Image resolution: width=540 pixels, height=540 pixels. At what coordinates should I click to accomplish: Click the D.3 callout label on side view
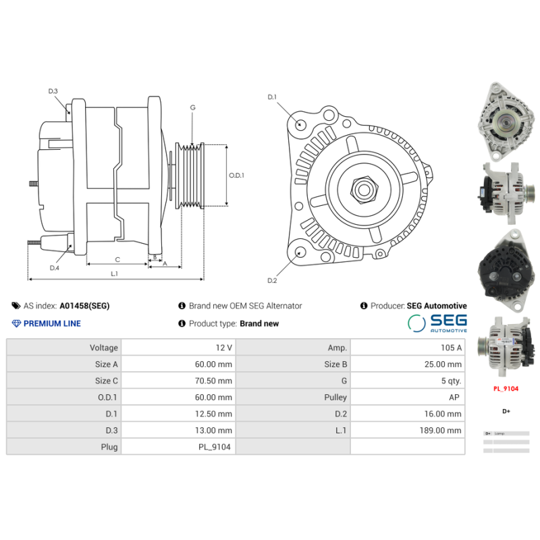(53, 91)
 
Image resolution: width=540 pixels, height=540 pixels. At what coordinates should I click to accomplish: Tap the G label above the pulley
(192, 107)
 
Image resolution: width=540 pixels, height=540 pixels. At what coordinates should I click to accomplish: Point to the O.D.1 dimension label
(236, 175)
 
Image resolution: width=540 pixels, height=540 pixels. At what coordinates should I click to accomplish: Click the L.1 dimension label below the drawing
(114, 273)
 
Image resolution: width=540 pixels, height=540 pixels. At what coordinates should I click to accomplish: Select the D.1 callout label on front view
(272, 97)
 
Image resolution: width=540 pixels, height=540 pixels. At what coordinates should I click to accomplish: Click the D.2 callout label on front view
(272, 281)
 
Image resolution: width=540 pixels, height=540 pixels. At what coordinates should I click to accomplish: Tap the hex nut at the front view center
(364, 188)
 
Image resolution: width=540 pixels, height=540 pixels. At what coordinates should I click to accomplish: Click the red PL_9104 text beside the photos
(506, 389)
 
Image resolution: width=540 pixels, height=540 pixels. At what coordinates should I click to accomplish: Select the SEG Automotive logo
(437, 323)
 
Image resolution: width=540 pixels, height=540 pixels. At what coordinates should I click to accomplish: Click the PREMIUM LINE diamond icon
(17, 323)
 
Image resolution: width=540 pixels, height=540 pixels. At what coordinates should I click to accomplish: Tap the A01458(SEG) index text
(84, 306)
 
